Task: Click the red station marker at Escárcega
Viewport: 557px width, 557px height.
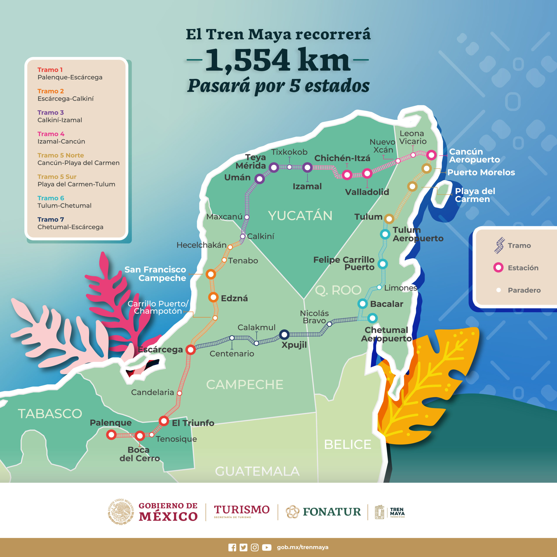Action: pyautogui.click(x=191, y=350)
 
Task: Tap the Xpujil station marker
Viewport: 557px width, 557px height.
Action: pyautogui.click(x=284, y=334)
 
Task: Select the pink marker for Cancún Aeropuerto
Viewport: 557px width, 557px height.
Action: pyautogui.click(x=431, y=155)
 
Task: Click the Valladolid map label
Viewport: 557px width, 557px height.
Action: pyautogui.click(x=367, y=192)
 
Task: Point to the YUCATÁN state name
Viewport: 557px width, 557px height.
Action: pyautogui.click(x=300, y=216)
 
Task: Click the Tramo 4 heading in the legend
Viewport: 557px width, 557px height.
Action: pyautogui.click(x=51, y=134)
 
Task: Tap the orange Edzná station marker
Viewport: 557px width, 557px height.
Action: pyautogui.click(x=213, y=297)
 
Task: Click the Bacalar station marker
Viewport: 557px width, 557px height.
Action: pyautogui.click(x=362, y=304)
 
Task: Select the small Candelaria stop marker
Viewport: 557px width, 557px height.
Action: pyautogui.click(x=179, y=393)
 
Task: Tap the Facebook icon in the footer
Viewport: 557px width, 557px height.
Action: pyautogui.click(x=232, y=547)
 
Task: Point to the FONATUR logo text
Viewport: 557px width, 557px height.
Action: pyautogui.click(x=332, y=512)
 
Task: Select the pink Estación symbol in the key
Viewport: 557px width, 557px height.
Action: pyautogui.click(x=498, y=268)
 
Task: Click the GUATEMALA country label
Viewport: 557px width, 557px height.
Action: pyautogui.click(x=257, y=471)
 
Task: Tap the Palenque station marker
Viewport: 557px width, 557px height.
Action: pyautogui.click(x=111, y=435)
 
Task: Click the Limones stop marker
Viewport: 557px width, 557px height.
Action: pyautogui.click(x=379, y=287)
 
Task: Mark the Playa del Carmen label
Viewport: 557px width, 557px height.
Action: pyautogui.click(x=475, y=195)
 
